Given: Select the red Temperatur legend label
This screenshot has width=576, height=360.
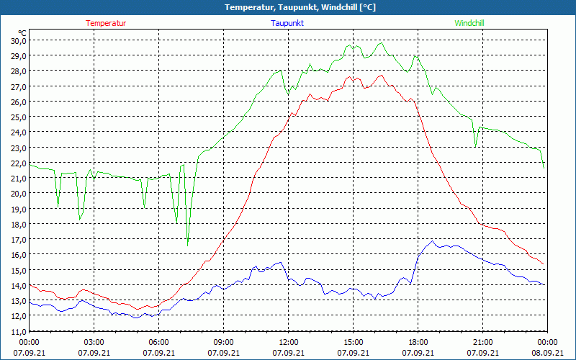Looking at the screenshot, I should [106, 23].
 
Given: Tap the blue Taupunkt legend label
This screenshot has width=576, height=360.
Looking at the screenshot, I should [287, 23].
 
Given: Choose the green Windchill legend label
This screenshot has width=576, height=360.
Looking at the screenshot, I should [469, 23].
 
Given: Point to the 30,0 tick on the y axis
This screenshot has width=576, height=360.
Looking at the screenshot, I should [18, 40].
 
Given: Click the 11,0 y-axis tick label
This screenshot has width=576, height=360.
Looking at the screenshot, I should [18, 331].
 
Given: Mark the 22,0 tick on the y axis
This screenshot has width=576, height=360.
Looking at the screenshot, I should [18, 163].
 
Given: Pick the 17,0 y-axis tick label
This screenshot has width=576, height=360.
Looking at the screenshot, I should [18, 239].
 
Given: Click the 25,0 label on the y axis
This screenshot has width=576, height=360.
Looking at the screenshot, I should [18, 117].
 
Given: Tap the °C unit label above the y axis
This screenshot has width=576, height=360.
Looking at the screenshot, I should [22, 32].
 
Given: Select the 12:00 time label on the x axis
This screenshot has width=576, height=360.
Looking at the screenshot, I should [288, 342].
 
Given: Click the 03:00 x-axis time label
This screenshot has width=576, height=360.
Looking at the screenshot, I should [94, 342].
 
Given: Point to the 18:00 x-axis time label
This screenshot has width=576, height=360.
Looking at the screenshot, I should [418, 342].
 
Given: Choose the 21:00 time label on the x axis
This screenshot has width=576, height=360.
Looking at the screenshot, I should [482, 342].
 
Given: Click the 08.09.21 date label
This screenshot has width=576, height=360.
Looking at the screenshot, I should [547, 353].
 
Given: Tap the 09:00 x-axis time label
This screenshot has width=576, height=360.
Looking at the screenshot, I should [223, 342].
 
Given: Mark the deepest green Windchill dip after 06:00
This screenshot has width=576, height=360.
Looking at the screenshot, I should [187, 246].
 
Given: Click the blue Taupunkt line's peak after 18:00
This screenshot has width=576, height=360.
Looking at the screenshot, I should [432, 240].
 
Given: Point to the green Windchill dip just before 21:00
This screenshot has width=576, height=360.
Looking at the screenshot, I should [475, 147].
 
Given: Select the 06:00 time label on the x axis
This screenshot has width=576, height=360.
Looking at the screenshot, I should [159, 342].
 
